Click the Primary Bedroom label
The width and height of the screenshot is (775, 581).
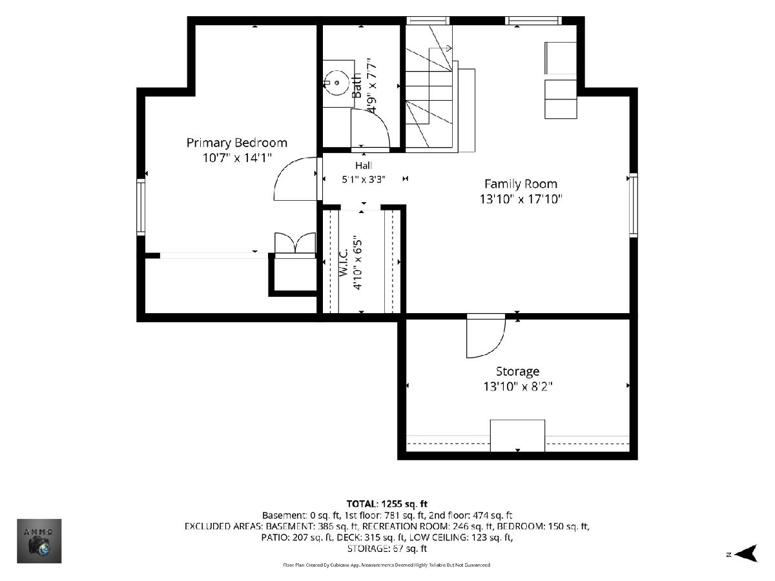click(236, 143)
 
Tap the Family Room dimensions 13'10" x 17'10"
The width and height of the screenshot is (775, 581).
click(521, 199)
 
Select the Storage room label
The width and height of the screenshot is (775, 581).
click(517, 371)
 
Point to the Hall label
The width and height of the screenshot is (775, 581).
click(364, 165)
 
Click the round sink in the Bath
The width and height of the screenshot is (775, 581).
click(337, 83)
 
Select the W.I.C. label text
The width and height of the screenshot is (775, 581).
click(344, 262)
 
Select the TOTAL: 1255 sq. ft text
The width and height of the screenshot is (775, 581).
click(387, 504)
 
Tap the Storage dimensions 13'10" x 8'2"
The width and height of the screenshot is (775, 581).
click(517, 387)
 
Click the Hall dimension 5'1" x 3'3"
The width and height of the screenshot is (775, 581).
click(364, 179)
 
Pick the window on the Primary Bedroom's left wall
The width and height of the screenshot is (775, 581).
click(141, 207)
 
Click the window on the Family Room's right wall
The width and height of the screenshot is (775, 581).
click(634, 205)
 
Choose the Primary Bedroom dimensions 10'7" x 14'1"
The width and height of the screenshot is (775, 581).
click(237, 158)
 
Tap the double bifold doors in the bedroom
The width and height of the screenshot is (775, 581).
click(295, 243)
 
